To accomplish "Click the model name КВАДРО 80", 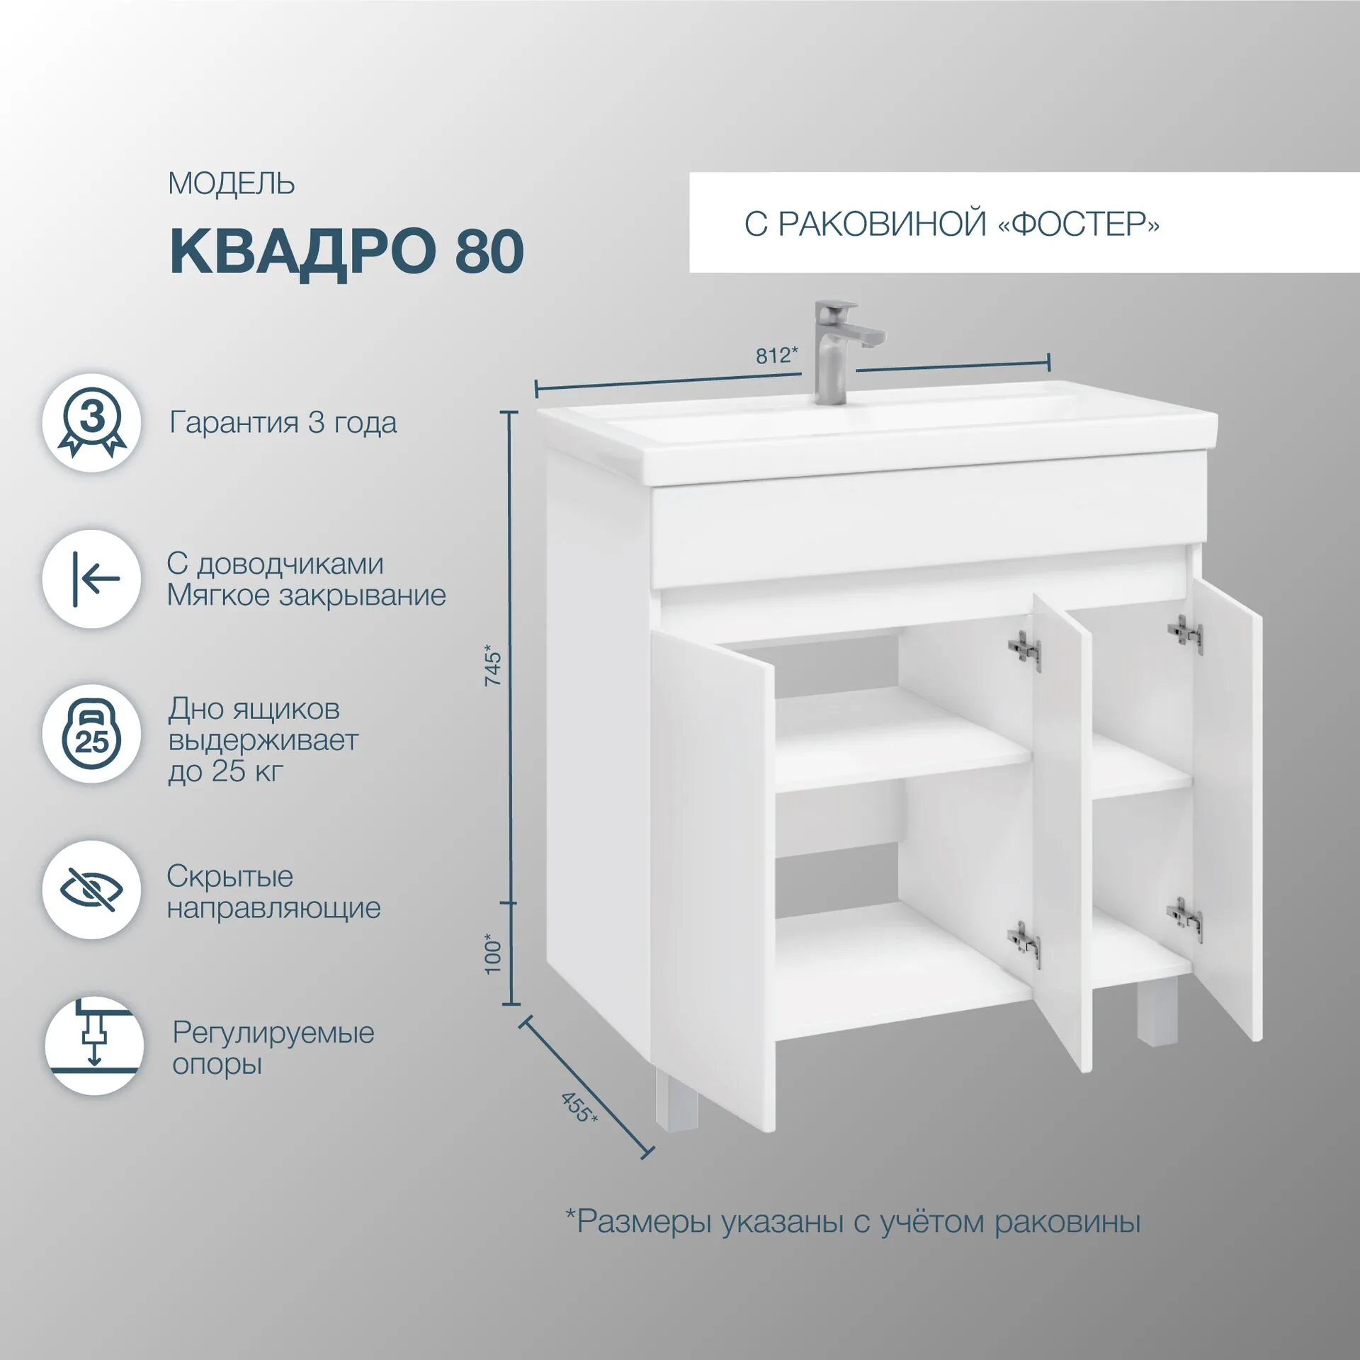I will (x=346, y=252).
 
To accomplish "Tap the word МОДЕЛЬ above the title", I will (x=231, y=184).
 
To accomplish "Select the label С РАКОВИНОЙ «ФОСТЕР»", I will (x=951, y=224).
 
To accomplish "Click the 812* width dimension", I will (x=776, y=355).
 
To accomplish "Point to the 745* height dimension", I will (x=492, y=664).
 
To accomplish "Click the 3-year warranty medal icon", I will (x=92, y=423).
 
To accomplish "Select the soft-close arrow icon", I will (x=92, y=579).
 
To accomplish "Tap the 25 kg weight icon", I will (x=92, y=734).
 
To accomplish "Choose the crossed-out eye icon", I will (x=92, y=890).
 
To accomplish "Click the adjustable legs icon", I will (x=93, y=1045).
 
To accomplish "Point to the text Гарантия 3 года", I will (x=283, y=423).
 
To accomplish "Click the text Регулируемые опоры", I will (x=273, y=1048).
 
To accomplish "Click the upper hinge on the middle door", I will (x=1024, y=650).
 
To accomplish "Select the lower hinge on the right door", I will (x=1184, y=919).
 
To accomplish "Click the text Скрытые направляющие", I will (x=273, y=892).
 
